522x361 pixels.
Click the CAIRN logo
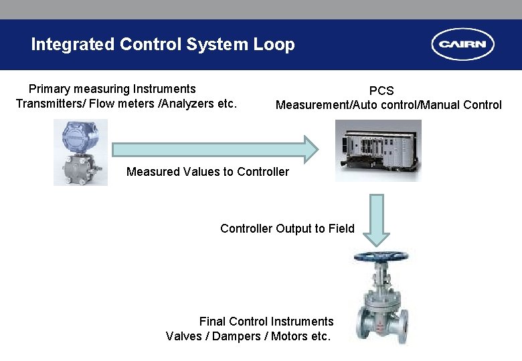(x=463, y=45)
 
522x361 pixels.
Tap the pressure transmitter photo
(x=80, y=152)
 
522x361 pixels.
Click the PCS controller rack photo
(x=378, y=150)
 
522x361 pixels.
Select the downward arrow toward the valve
(x=377, y=219)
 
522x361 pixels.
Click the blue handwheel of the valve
(x=381, y=256)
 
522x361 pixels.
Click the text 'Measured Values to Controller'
(x=207, y=172)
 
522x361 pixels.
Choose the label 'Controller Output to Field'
(x=287, y=229)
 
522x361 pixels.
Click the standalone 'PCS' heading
(x=381, y=90)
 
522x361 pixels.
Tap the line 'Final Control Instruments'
(x=266, y=322)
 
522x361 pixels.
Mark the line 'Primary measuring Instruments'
(x=112, y=89)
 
